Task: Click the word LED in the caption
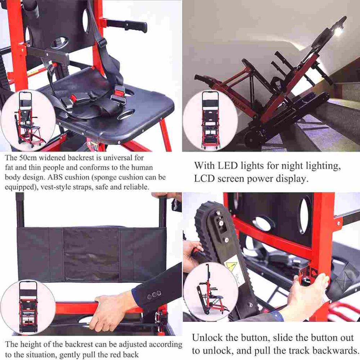228,165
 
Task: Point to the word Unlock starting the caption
207,338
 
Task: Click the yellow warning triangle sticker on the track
229,266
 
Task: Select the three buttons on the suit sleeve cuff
154,294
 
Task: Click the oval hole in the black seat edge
126,114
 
